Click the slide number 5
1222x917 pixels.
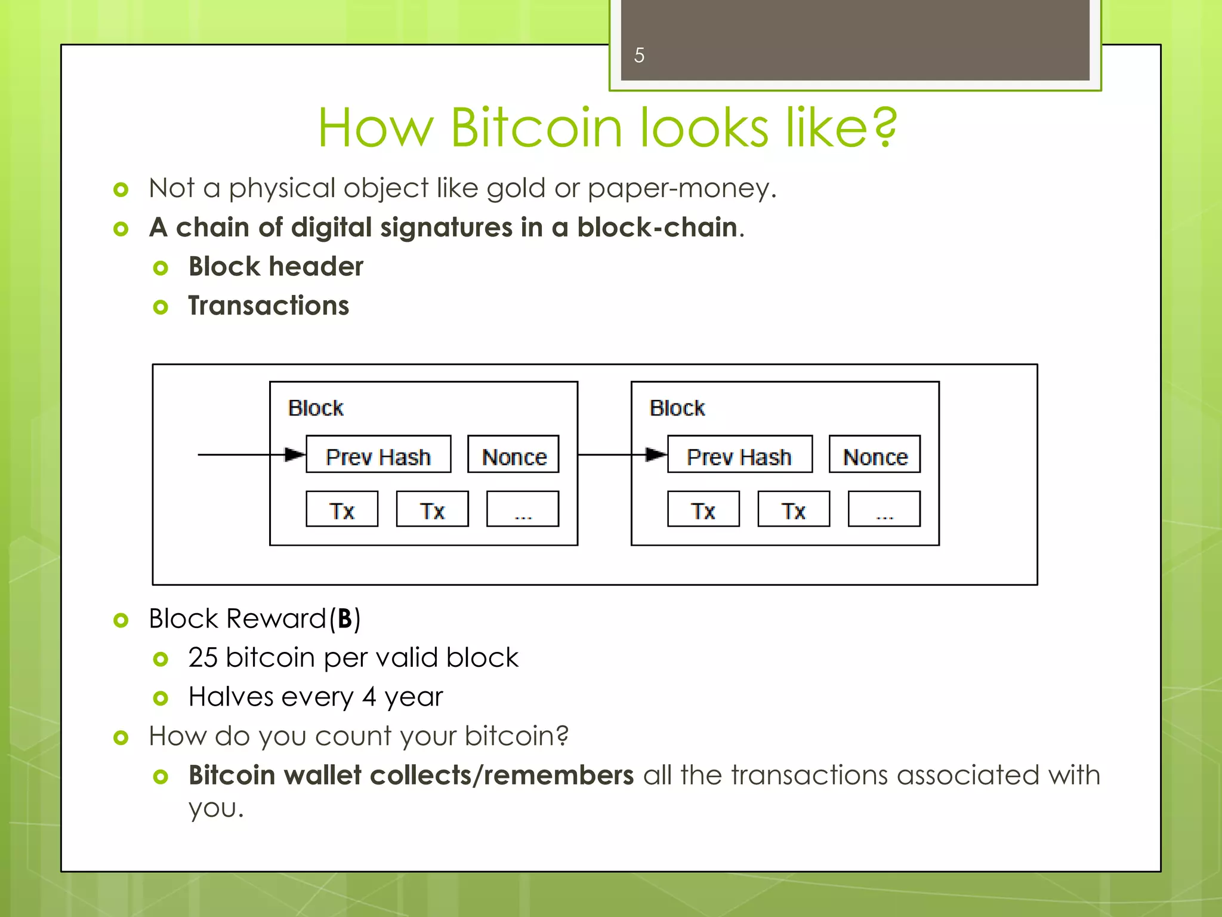click(x=639, y=56)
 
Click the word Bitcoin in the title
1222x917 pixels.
click(x=536, y=128)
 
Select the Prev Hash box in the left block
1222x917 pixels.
click(x=378, y=455)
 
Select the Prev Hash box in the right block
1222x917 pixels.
click(x=739, y=455)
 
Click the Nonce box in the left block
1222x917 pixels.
click(x=513, y=455)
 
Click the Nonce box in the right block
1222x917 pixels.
click(x=874, y=455)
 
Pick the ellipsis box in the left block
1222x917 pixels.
click(x=523, y=509)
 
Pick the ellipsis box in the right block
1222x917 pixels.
click(x=884, y=509)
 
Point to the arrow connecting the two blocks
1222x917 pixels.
click(x=621, y=455)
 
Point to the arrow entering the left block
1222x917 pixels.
click(x=251, y=455)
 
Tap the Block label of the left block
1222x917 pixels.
click(x=316, y=408)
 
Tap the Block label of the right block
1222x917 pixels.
click(x=677, y=408)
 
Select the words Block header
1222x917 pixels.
click(x=276, y=267)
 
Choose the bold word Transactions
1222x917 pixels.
click(x=269, y=306)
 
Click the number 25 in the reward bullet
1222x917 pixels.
click(x=203, y=658)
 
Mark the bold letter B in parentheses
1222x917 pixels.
click(x=345, y=619)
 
